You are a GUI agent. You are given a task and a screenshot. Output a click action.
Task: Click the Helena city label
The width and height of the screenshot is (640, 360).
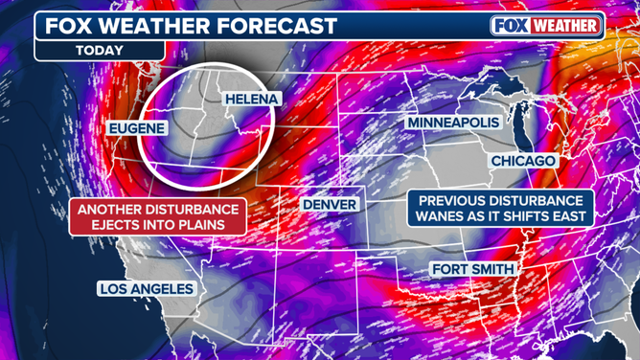(252, 100)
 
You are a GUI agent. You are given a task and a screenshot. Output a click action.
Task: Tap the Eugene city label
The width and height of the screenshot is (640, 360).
(137, 128)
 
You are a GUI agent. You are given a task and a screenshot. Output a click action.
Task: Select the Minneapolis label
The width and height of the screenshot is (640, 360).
(453, 124)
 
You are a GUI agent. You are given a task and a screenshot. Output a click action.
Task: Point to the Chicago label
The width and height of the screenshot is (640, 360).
(523, 161)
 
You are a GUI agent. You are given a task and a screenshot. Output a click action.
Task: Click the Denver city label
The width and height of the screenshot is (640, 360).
(330, 204)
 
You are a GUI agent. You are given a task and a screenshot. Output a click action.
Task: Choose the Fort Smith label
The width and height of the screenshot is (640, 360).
(472, 269)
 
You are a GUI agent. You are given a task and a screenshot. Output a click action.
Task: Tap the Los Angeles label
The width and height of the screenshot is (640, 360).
(147, 289)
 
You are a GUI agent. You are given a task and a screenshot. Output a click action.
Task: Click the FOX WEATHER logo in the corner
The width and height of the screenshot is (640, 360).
(547, 25)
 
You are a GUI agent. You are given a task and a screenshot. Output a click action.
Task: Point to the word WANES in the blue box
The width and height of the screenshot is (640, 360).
(439, 218)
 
